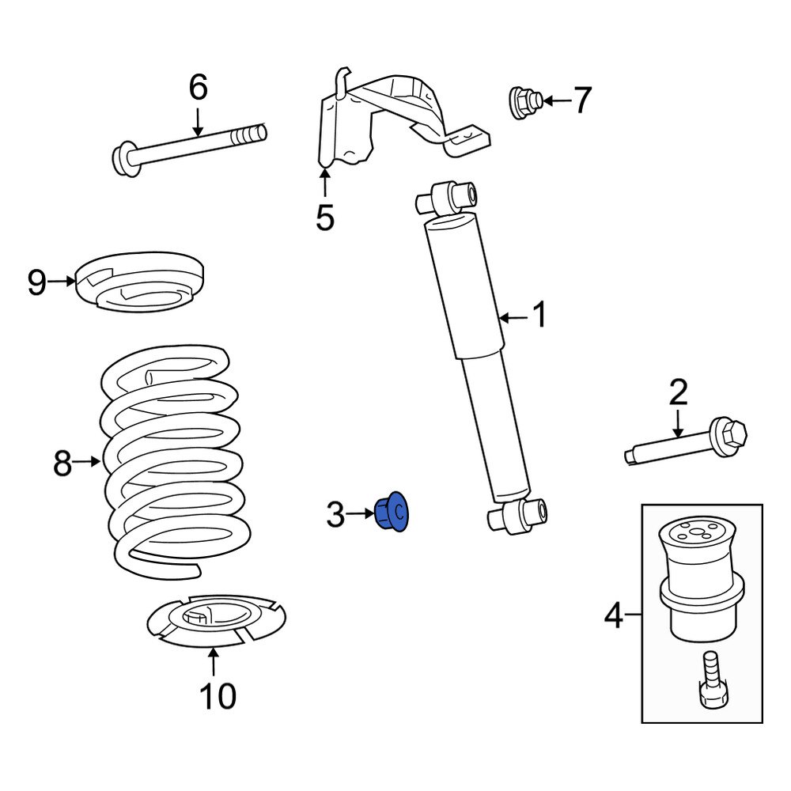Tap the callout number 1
[x=539, y=316]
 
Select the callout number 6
[x=198, y=87]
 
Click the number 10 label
[x=217, y=696]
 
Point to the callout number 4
[x=614, y=615]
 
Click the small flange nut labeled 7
[x=523, y=102]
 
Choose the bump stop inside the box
[x=701, y=577]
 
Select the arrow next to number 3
[x=360, y=514]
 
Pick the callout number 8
[x=62, y=464]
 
